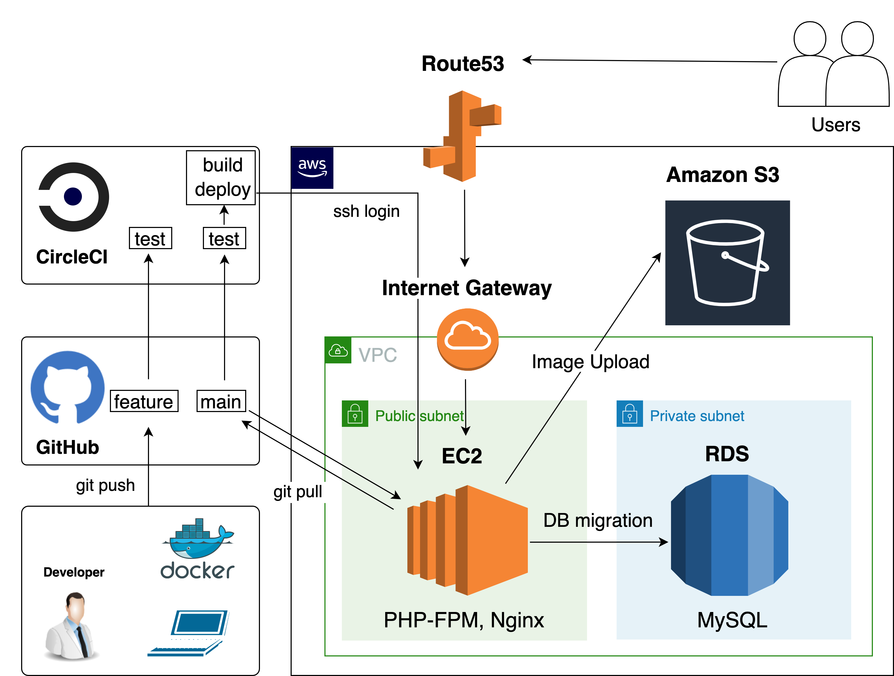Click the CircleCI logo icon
(x=73, y=197)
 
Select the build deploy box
(x=221, y=178)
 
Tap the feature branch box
(x=144, y=401)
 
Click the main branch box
(x=221, y=401)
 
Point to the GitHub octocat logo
(x=67, y=387)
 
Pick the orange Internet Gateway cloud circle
(x=468, y=339)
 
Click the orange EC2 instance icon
(x=468, y=540)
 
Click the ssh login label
(x=366, y=211)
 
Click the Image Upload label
(x=590, y=362)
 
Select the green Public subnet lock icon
(x=355, y=413)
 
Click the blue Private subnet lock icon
(x=629, y=413)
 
